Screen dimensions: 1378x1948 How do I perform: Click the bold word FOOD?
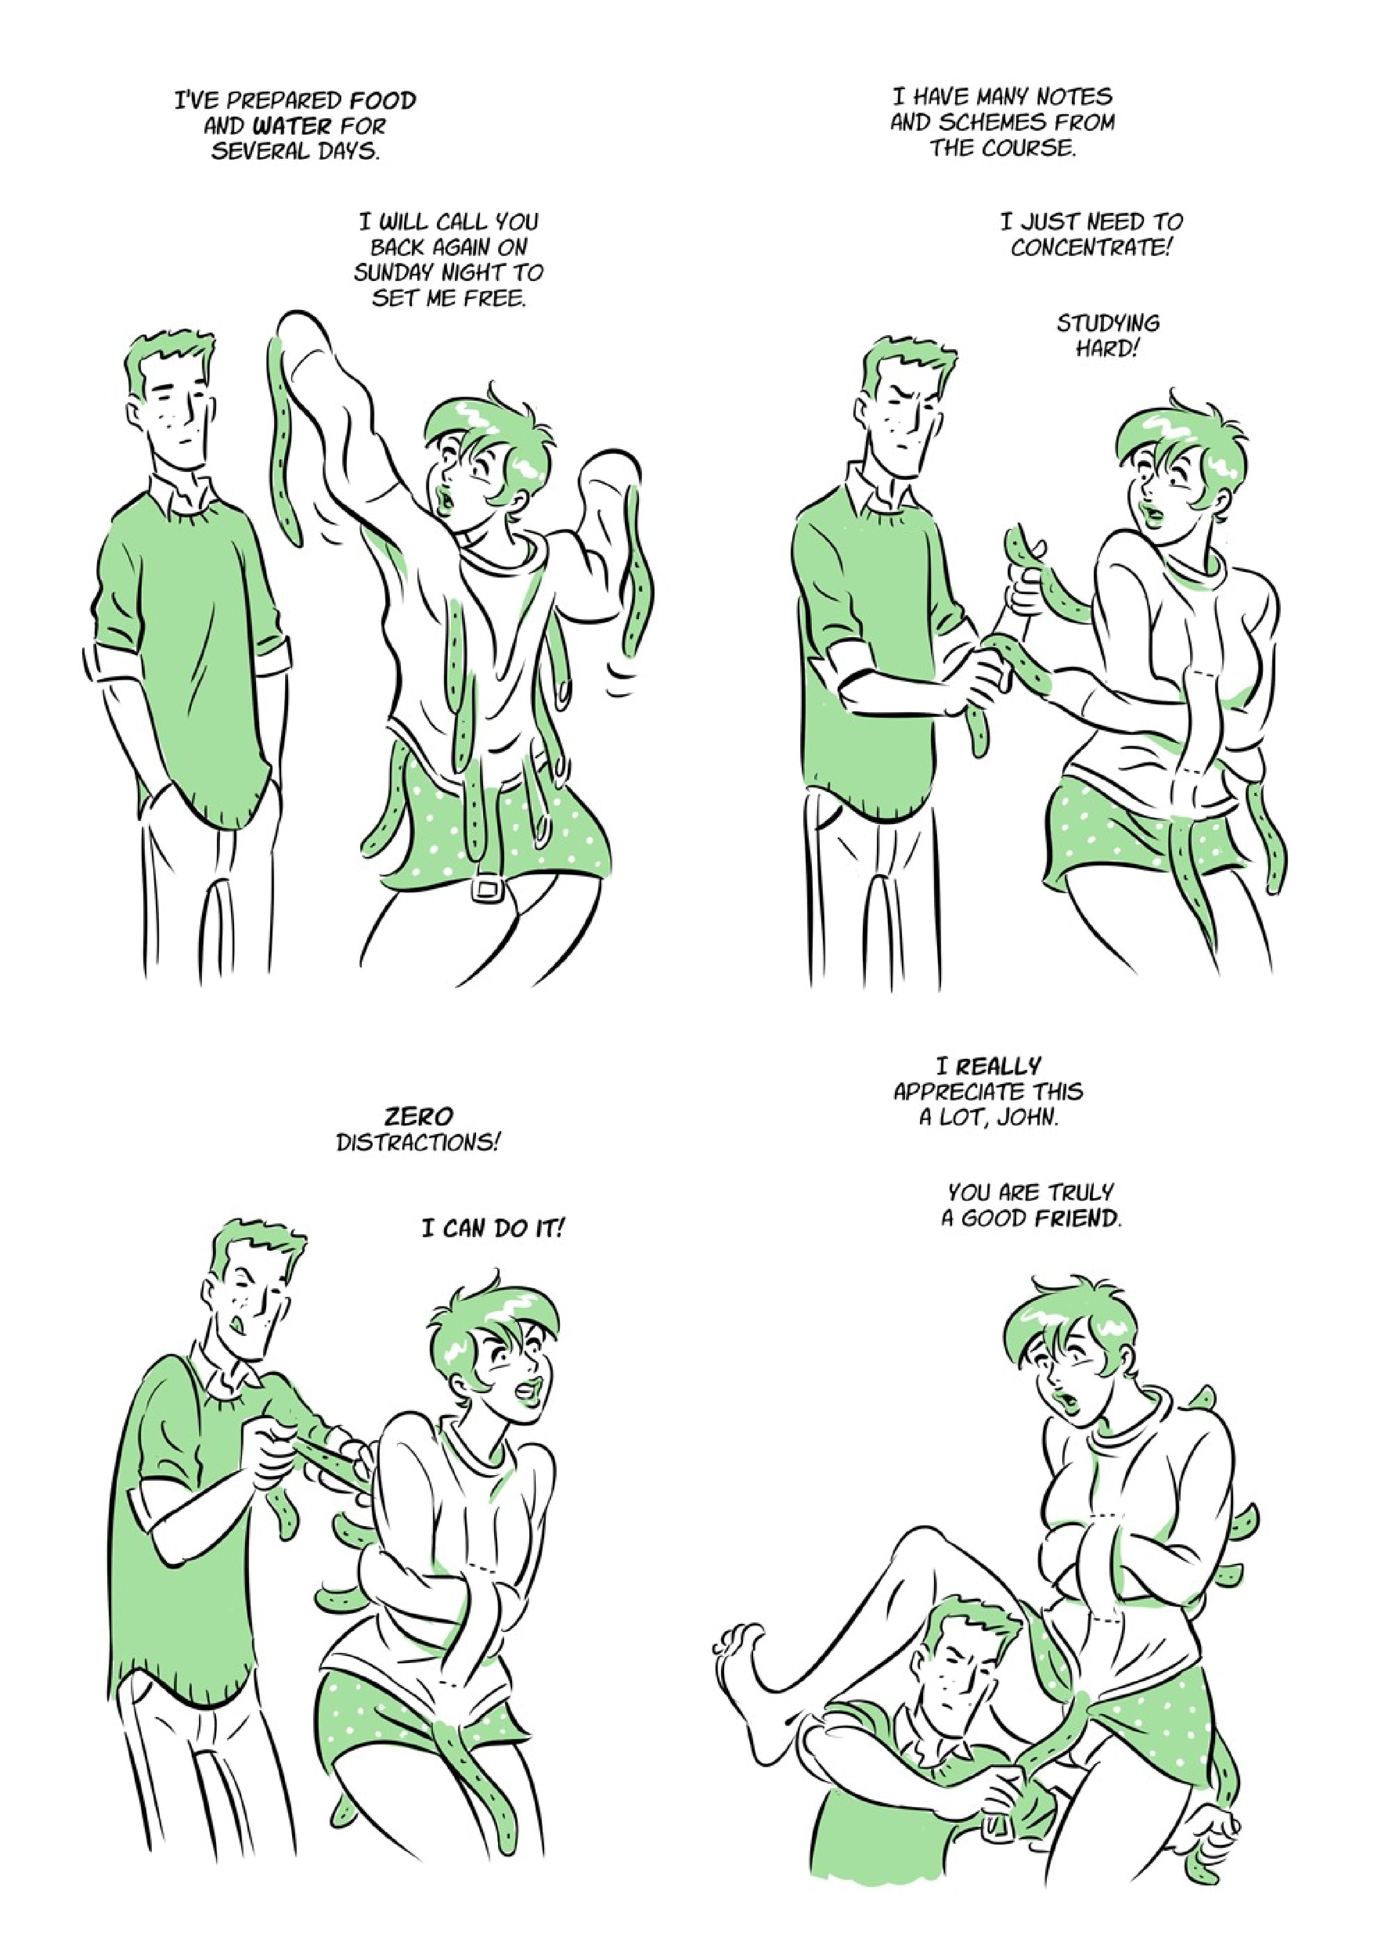[x=384, y=101]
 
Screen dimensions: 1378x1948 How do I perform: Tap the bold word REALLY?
[x=998, y=1065]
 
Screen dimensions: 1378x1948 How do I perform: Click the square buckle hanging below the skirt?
[x=486, y=888]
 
